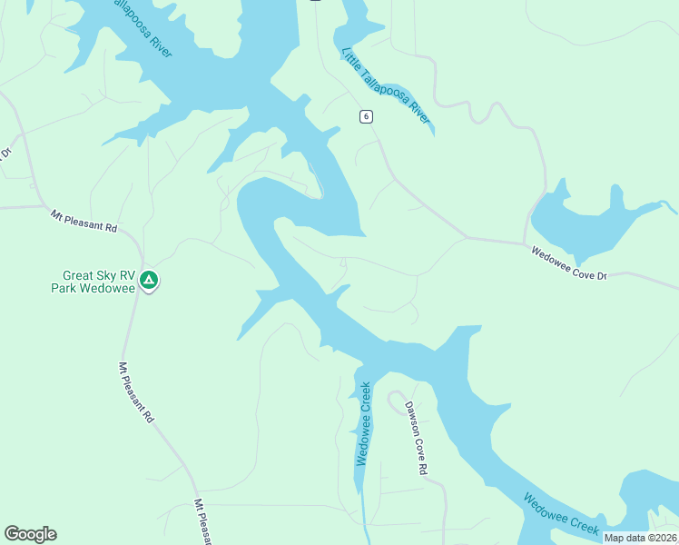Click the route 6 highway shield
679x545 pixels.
pyautogui.click(x=365, y=116)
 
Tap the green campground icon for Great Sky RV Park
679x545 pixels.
pyautogui.click(x=149, y=282)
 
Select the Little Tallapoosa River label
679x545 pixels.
pyautogui.click(x=386, y=88)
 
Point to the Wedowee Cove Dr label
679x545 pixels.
pyautogui.click(x=568, y=260)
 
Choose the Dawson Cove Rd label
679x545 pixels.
pyautogui.click(x=416, y=439)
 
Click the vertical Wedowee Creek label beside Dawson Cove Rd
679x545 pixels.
pyautogui.click(x=363, y=424)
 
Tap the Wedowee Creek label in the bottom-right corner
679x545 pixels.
pyautogui.click(x=561, y=513)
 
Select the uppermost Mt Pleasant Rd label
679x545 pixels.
pyautogui.click(x=84, y=221)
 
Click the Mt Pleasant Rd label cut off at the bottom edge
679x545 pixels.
pyautogui.click(x=202, y=521)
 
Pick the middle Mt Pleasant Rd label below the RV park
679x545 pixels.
pyautogui.click(x=136, y=397)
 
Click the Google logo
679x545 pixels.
pyautogui.click(x=30, y=534)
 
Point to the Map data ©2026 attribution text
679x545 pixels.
pyautogui.click(x=640, y=538)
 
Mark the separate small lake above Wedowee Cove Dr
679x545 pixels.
pyautogui.click(x=590, y=227)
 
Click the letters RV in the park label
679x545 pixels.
pyautogui.click(x=130, y=275)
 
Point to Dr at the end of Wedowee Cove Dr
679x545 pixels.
pyautogui.click(x=600, y=276)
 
